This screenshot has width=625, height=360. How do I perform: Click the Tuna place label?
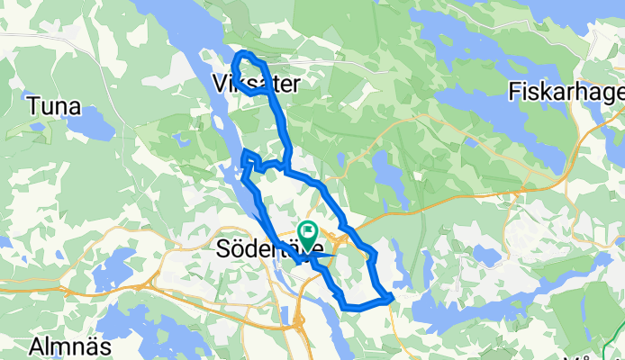[54, 106]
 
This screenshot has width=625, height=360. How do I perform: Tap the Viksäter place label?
[257, 84]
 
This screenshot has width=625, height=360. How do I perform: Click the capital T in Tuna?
[33, 106]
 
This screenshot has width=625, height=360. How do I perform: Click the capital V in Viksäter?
[222, 84]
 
